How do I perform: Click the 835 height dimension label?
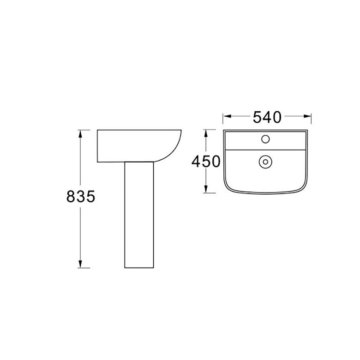click(81, 197)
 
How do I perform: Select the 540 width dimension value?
click(267, 117)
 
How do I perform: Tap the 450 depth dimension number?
click(206, 162)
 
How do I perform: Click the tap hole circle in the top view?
click(265, 139)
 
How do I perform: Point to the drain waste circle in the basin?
click(265, 162)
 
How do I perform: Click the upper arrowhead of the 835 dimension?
click(80, 134)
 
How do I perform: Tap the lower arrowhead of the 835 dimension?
click(80, 264)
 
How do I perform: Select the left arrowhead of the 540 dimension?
click(227, 116)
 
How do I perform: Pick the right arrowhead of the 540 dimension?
click(307, 116)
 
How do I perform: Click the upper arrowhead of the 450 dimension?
click(206, 134)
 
